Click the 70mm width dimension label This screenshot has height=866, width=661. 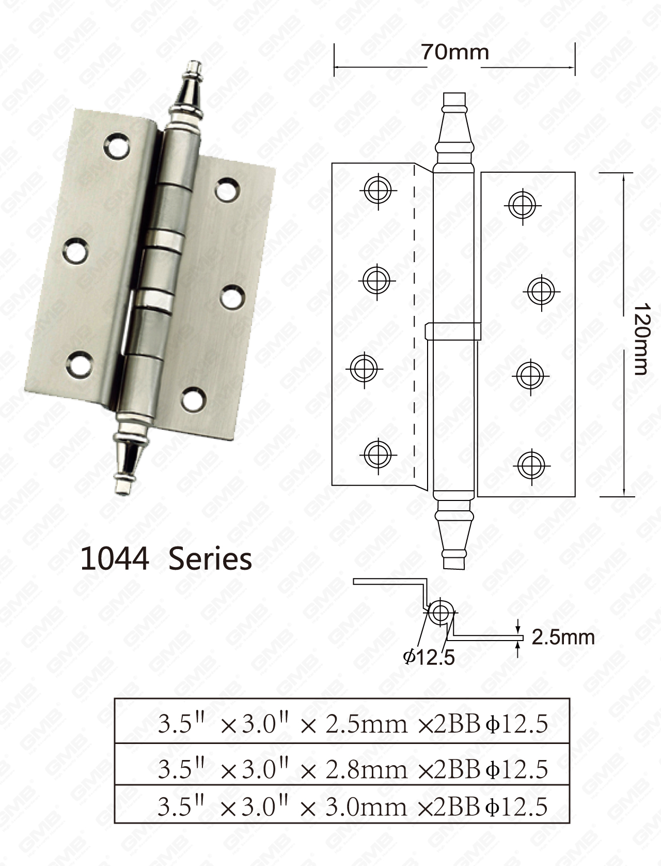pyautogui.click(x=454, y=52)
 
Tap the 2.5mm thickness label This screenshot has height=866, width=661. pyautogui.click(x=563, y=637)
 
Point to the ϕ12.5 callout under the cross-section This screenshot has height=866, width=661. pyautogui.click(x=429, y=657)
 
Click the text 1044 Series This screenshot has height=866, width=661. pyautogui.click(x=166, y=559)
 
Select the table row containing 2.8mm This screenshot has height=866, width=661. pyautogui.click(x=342, y=769)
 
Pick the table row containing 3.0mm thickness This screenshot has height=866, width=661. pyautogui.click(x=342, y=807)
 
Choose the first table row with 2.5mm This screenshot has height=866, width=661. pyautogui.click(x=342, y=724)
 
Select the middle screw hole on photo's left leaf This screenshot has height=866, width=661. pyautogui.click(x=76, y=251)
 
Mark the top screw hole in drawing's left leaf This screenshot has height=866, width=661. pyautogui.click(x=378, y=190)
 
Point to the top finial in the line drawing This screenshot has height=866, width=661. pyautogui.click(x=454, y=129)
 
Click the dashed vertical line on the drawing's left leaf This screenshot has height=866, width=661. pyautogui.click(x=415, y=326)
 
